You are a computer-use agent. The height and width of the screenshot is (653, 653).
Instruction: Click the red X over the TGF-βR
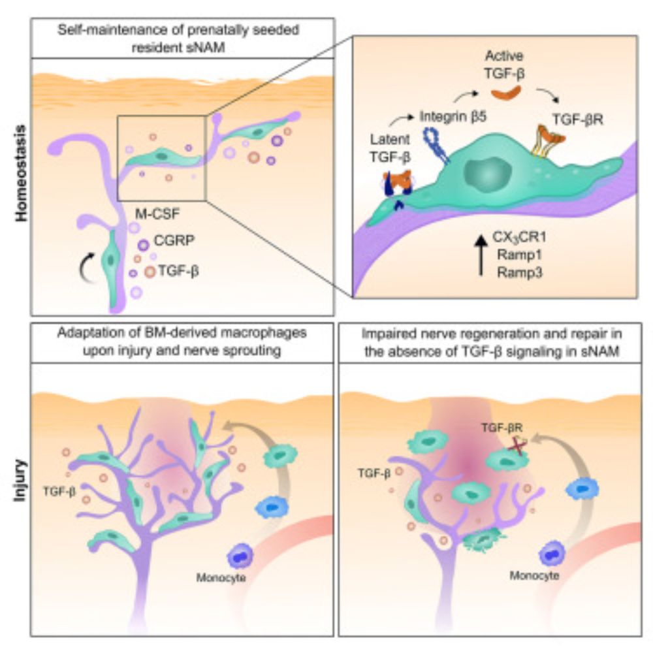517,445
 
